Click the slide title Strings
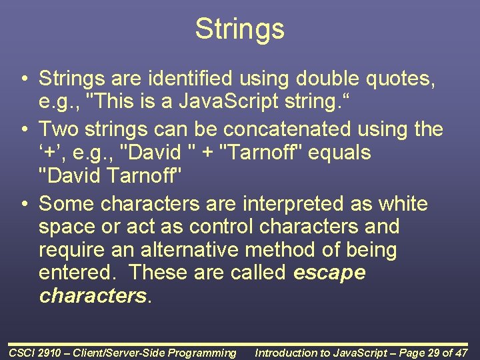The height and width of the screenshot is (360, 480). click(239, 29)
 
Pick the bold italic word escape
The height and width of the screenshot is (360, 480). click(329, 273)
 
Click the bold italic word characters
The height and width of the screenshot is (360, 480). click(93, 296)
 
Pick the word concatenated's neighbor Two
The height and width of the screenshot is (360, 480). click(57, 128)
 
